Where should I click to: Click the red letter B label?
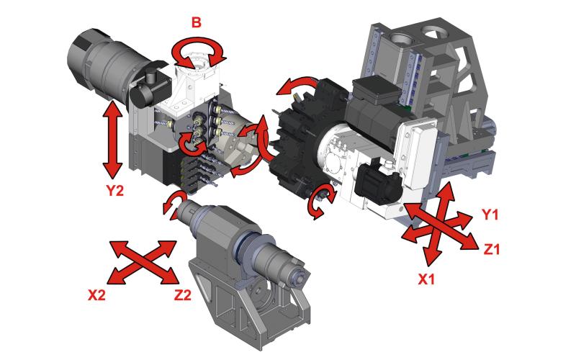click(197, 22)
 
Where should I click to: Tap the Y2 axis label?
click(114, 190)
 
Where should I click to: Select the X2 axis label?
click(96, 294)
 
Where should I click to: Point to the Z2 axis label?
click(183, 294)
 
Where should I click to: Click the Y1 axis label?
click(490, 214)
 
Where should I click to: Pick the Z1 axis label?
click(492, 249)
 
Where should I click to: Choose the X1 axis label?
click(426, 279)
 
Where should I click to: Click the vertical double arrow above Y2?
click(112, 139)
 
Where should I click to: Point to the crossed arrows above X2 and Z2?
click(144, 262)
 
